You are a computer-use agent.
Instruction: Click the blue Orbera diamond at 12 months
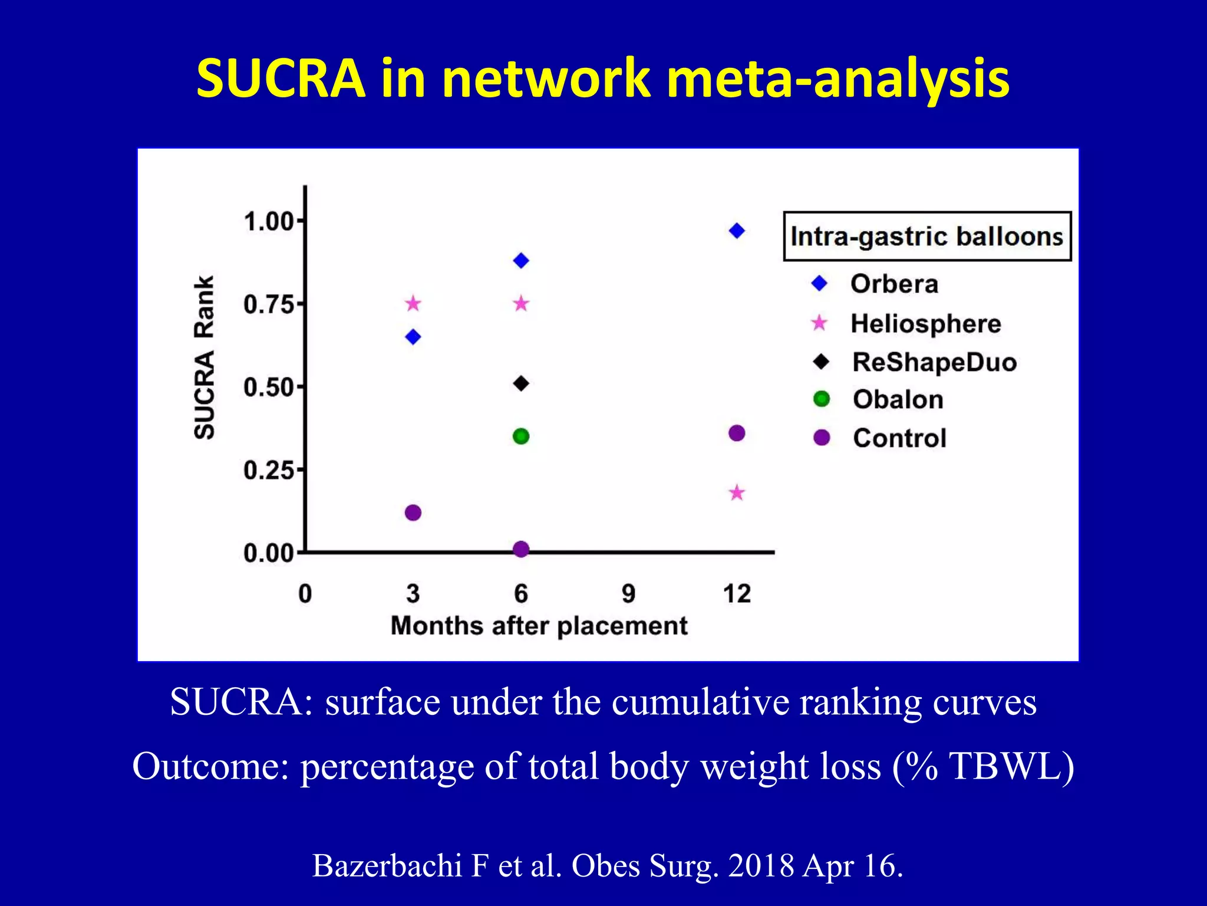tap(737, 231)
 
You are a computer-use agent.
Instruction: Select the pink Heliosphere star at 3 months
tap(413, 304)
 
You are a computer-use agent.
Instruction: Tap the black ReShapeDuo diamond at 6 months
tap(521, 383)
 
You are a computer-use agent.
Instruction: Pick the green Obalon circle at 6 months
tap(521, 436)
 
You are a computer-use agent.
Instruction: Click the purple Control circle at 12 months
tap(737, 433)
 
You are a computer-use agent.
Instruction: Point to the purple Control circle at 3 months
tap(413, 513)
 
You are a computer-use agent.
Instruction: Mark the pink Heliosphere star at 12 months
tap(737, 493)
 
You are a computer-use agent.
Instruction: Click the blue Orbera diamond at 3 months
tap(413, 337)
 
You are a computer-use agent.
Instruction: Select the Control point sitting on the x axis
tap(521, 549)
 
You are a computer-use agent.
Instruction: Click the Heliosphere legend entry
tap(925, 324)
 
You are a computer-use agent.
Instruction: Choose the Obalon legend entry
tap(898, 400)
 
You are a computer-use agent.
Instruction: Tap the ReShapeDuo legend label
tap(934, 362)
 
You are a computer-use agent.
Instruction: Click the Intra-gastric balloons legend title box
tap(926, 236)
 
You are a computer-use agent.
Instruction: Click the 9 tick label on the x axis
tap(628, 593)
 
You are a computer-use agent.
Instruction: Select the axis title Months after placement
tap(539, 626)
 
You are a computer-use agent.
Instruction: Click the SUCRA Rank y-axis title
tap(204, 357)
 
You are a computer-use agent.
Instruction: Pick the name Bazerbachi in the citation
tap(386, 866)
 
